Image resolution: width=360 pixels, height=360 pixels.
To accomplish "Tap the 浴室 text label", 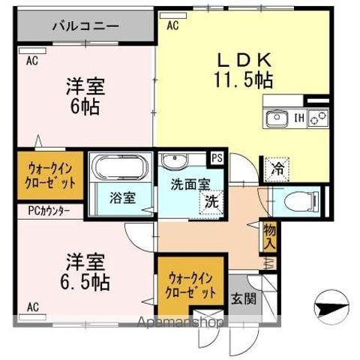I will point(121,199).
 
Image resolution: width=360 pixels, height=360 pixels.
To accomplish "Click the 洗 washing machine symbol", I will point(212,201).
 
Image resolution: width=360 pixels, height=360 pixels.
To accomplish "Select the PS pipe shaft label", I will point(217,158).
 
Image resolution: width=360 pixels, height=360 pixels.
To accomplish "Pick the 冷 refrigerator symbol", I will point(277,168).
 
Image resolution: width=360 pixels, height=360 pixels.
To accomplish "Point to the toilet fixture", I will point(298,200).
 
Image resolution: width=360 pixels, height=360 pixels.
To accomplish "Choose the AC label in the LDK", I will point(172,25).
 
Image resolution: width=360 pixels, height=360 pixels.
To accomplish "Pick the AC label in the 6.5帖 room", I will point(33,306).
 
